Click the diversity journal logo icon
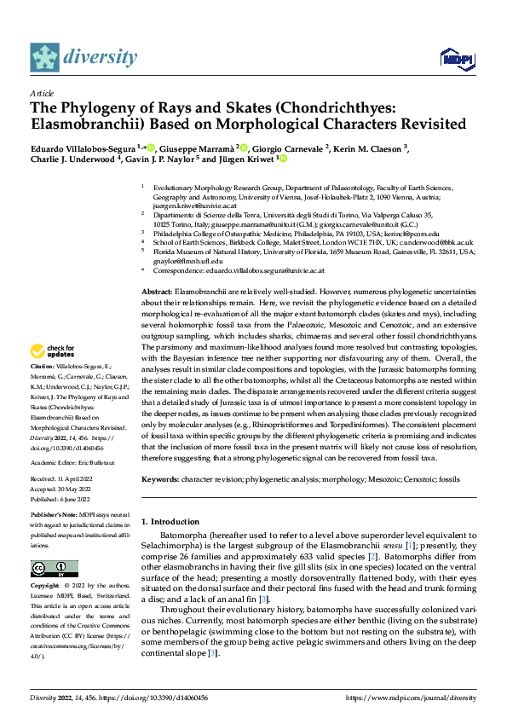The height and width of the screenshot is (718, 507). tap(45, 57)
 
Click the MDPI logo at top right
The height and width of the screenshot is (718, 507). tap(455, 58)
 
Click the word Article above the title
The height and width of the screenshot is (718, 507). tap(41, 93)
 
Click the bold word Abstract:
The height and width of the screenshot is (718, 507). tap(156, 292)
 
